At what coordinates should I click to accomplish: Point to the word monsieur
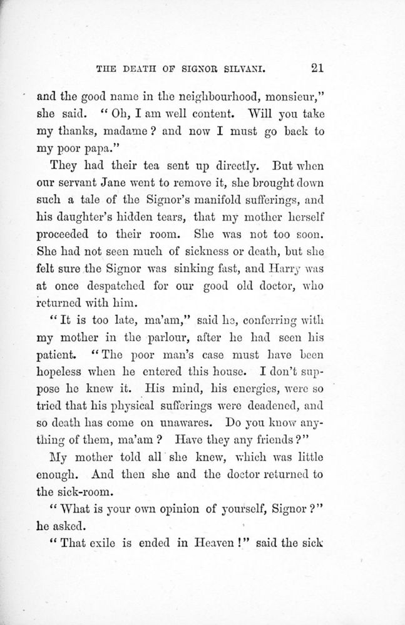pos(293,97)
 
